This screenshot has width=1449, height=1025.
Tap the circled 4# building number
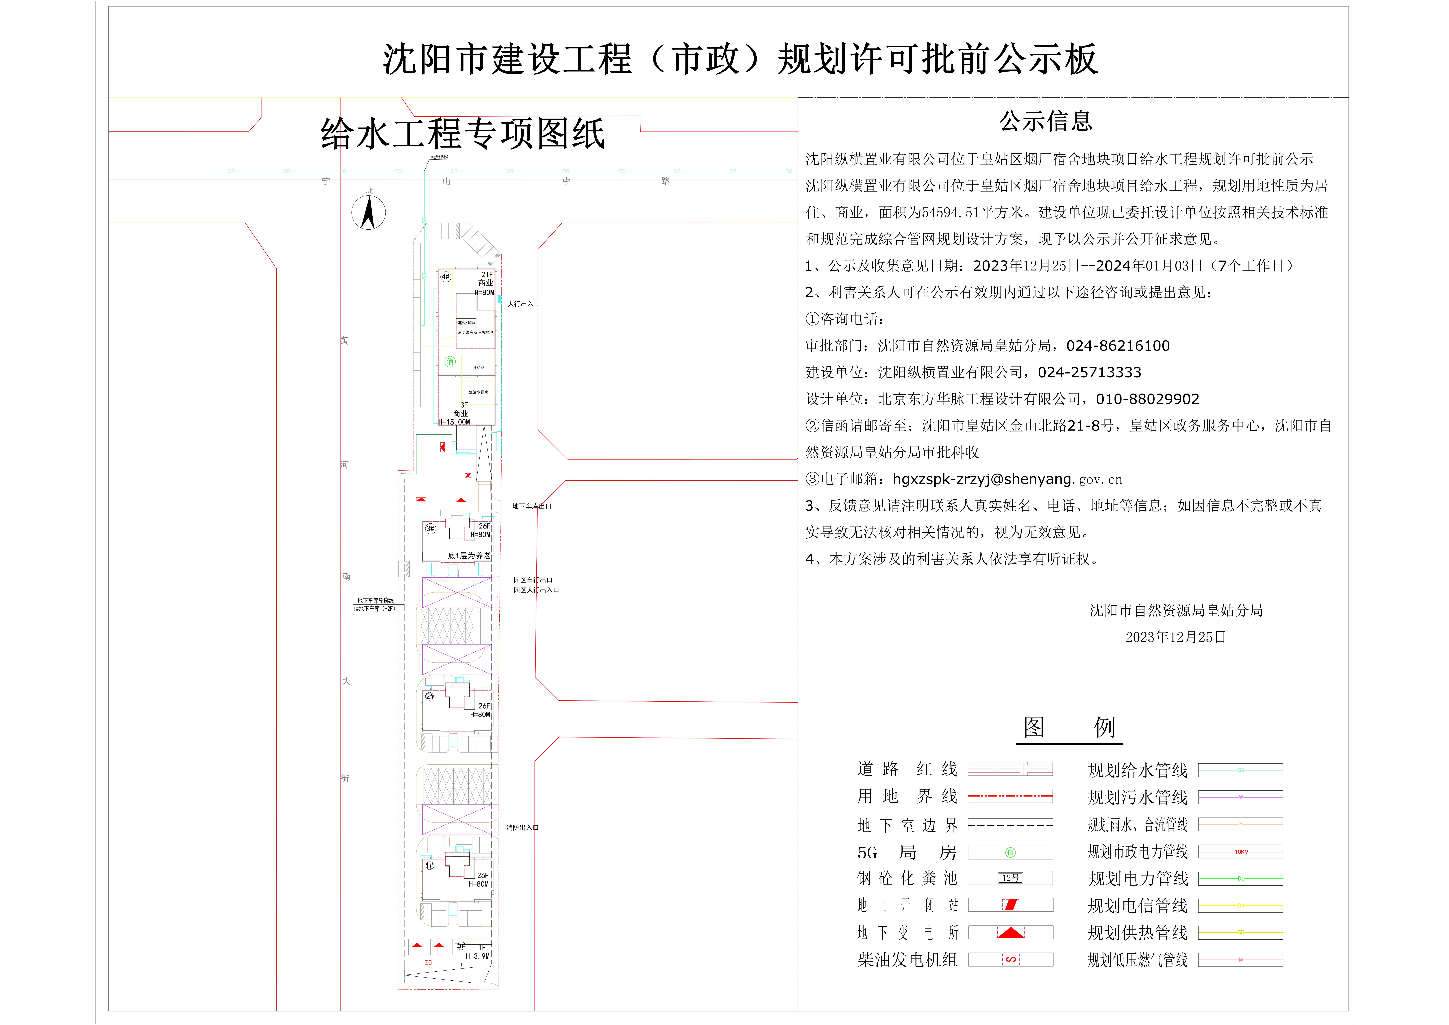pos(446,276)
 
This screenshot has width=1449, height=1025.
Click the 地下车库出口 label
pos(531,506)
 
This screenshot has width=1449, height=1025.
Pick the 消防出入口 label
pos(522,827)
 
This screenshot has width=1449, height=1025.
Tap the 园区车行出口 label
pos(533,579)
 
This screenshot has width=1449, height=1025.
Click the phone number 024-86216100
pos(1118,346)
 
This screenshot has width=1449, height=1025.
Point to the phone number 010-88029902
pos(1147,399)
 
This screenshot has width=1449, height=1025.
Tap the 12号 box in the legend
pos(1010,878)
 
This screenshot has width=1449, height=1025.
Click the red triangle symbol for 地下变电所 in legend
pos(1010,932)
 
